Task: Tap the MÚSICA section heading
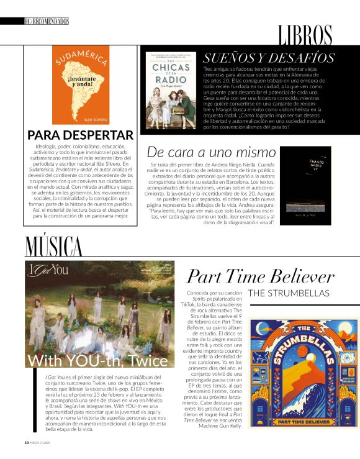point(53,246)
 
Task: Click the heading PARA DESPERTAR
point(80,135)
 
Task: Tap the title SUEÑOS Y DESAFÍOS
point(269,58)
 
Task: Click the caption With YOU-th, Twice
point(97,360)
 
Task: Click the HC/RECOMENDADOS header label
point(45,21)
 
